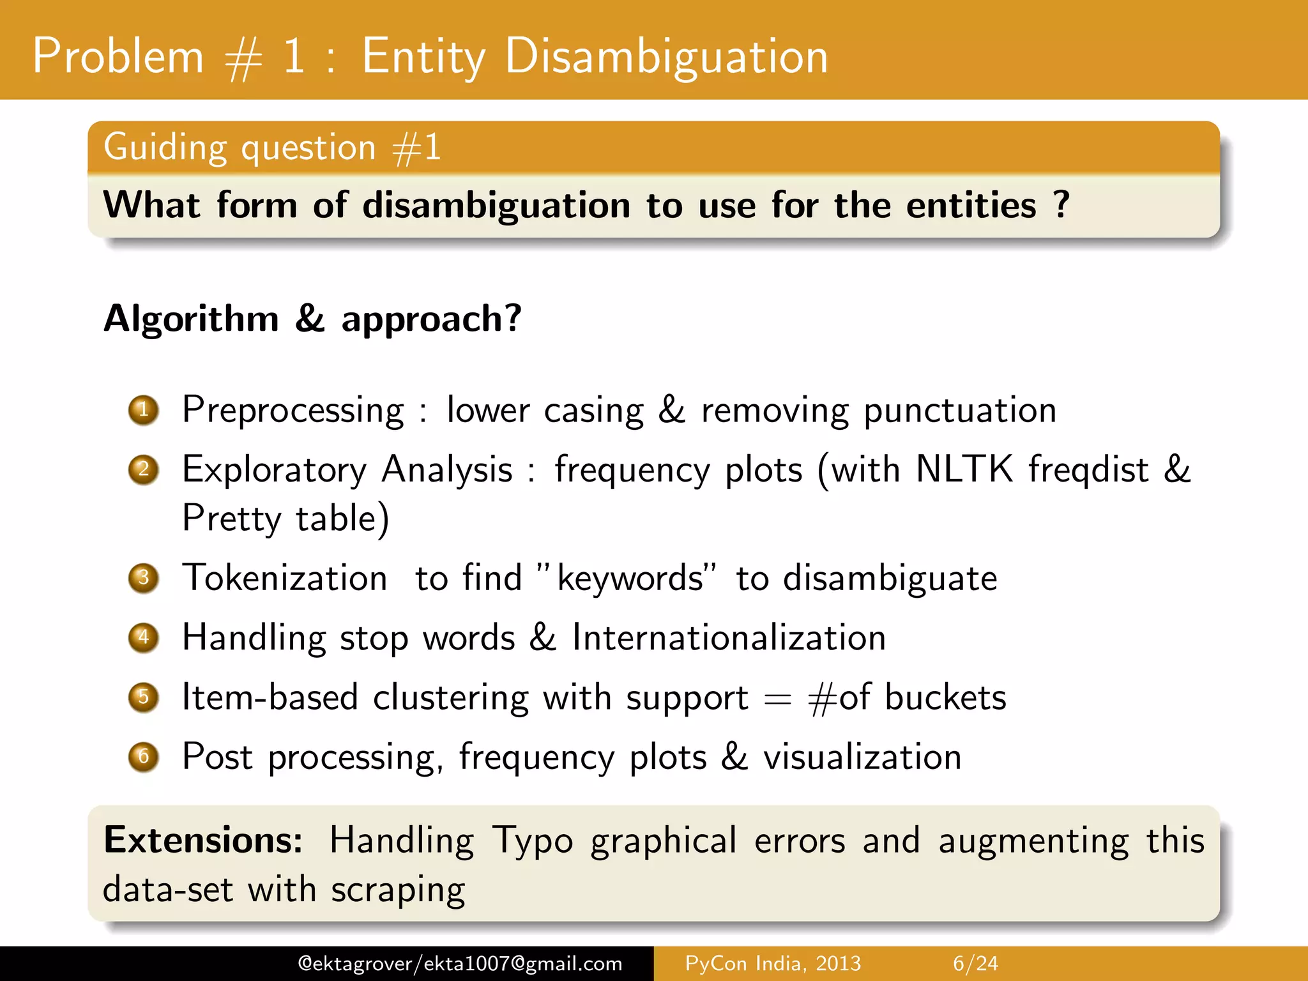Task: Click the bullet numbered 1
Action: [x=144, y=410]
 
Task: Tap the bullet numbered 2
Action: [x=144, y=470]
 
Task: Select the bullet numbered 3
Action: [x=144, y=578]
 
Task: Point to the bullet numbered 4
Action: [x=144, y=637]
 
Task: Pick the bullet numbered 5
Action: [x=144, y=697]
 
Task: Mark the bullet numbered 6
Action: [x=144, y=757]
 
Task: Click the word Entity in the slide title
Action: [x=423, y=57]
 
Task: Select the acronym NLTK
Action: [x=964, y=469]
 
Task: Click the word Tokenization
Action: [x=285, y=578]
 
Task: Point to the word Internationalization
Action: [x=729, y=637]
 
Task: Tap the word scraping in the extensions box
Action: [x=398, y=890]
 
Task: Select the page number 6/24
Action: [x=975, y=963]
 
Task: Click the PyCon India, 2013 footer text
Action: [x=773, y=963]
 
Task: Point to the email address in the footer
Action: [x=460, y=963]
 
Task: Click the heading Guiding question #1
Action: [x=272, y=148]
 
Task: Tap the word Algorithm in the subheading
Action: [x=192, y=319]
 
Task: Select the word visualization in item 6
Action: [x=862, y=757]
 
